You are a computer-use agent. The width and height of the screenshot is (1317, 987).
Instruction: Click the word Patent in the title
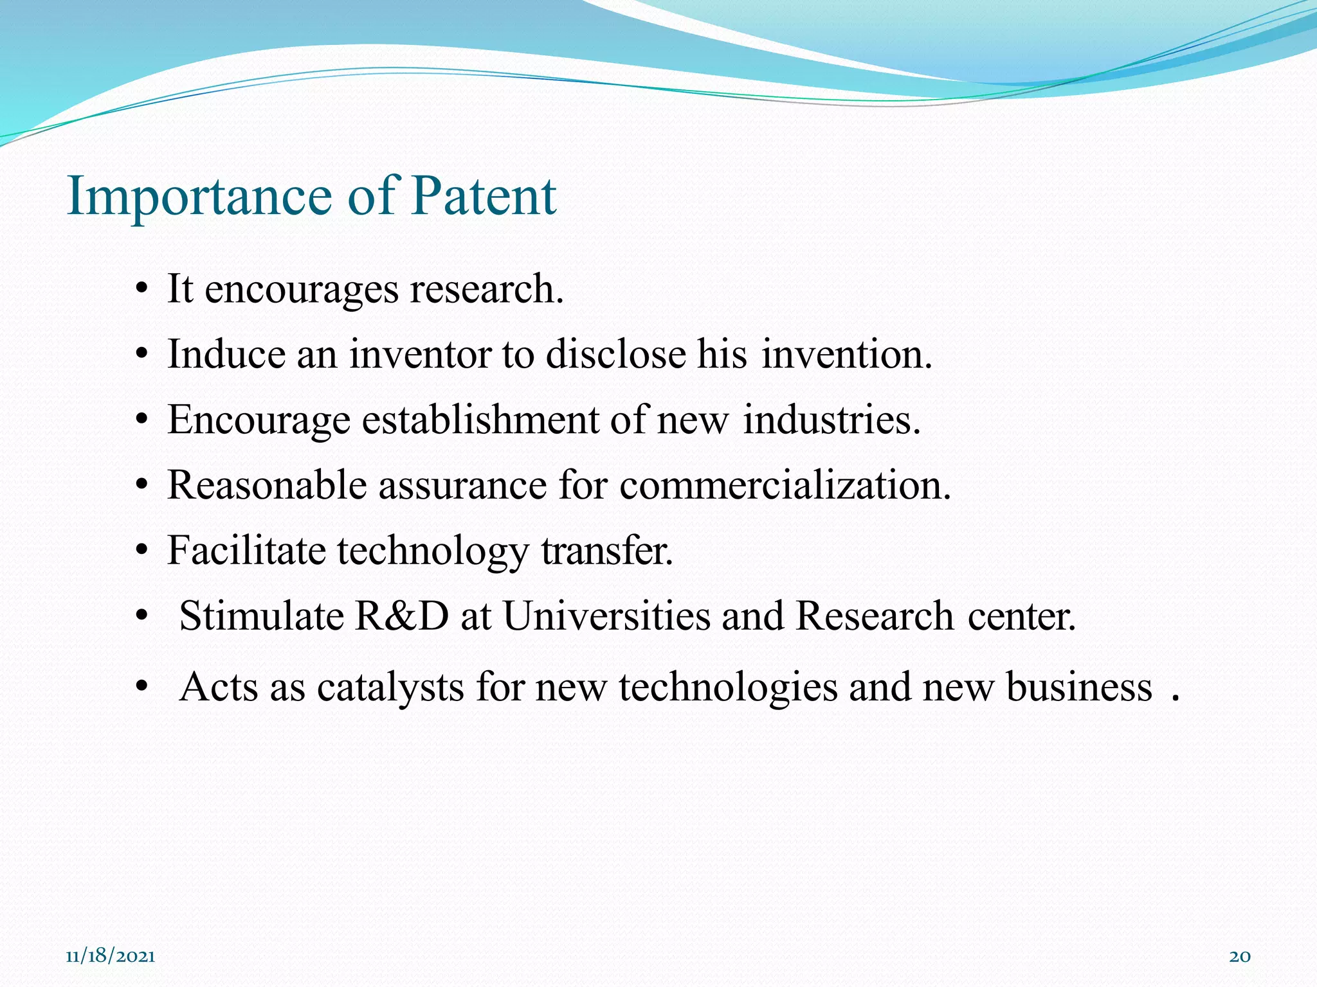click(x=484, y=195)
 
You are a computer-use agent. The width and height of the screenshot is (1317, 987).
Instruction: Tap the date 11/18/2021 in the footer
click(x=111, y=956)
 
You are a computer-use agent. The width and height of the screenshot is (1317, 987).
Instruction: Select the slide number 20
click(x=1240, y=956)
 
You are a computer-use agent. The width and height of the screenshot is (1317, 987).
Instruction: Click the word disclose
click(x=616, y=355)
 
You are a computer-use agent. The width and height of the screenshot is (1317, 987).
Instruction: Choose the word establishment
click(x=480, y=420)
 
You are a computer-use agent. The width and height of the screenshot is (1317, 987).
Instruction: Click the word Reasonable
click(x=266, y=485)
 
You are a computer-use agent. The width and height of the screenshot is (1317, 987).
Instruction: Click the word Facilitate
click(x=246, y=551)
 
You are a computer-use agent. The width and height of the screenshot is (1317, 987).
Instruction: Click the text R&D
click(x=401, y=616)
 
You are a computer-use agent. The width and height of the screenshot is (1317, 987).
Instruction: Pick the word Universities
click(x=606, y=616)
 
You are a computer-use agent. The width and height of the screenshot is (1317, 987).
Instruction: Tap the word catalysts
click(x=390, y=687)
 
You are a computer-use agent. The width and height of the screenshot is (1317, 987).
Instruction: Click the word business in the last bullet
click(x=1078, y=687)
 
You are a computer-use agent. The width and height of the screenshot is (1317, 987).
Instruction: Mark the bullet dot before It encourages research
click(x=143, y=290)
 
